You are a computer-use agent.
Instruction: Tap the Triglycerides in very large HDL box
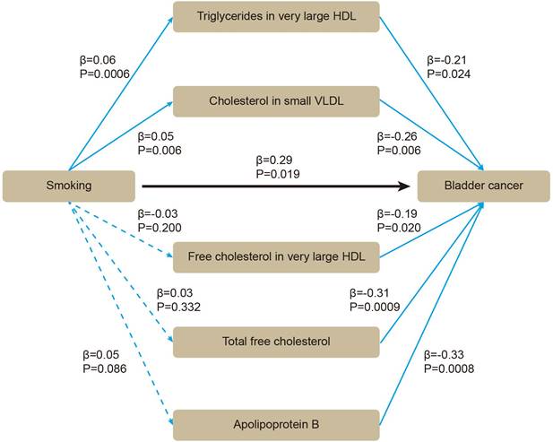276,17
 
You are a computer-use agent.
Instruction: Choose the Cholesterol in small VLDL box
276,101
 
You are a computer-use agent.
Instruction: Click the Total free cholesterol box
276,341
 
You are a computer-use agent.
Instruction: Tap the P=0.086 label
101,368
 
